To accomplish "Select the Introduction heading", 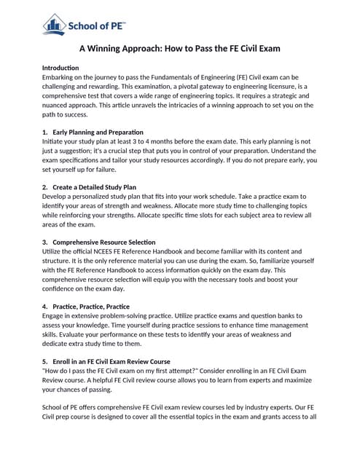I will pyautogui.click(x=64, y=68).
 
